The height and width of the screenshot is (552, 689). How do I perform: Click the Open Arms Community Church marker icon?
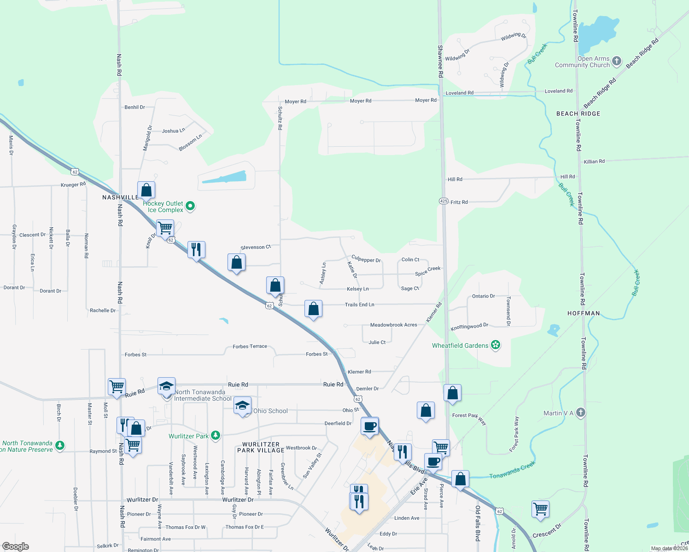617,61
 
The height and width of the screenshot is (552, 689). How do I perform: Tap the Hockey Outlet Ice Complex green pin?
190,206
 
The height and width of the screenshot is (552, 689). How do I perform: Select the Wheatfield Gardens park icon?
496,345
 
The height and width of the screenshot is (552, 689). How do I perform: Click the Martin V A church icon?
581,413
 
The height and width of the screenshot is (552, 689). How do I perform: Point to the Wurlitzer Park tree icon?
215,435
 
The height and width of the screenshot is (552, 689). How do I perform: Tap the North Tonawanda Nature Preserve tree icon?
59,445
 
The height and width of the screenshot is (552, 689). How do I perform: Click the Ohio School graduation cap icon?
242,406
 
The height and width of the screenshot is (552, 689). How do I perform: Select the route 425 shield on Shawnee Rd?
444,201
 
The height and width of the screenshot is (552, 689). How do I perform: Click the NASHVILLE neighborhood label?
120,197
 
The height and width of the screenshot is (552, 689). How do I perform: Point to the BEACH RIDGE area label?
578,114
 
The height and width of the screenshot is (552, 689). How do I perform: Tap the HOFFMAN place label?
584,313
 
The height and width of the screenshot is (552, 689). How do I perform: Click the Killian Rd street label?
594,161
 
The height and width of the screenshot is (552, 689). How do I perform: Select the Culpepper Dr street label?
366,259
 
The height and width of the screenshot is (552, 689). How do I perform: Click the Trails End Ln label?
359,305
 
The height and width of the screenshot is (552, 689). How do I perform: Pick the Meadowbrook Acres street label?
393,325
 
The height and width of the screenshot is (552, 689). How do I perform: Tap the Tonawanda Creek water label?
512,470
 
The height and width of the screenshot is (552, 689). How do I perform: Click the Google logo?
16,546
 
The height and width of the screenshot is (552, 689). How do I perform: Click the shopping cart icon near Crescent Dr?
540,509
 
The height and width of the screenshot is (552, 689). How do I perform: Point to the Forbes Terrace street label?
250,346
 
